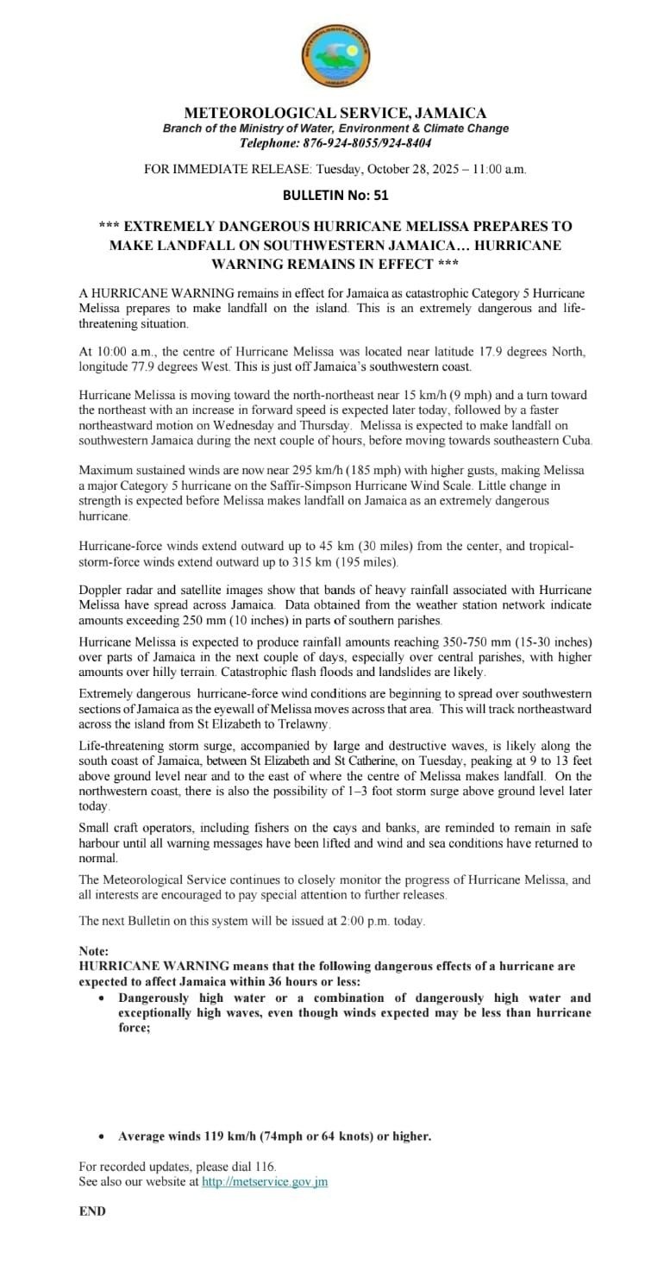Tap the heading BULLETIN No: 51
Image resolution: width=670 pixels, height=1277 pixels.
click(x=335, y=196)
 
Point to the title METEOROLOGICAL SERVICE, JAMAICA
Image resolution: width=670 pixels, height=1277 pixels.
click(x=335, y=113)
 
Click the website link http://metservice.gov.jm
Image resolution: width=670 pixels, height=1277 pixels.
click(x=264, y=1182)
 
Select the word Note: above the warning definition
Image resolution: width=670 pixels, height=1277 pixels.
click(x=94, y=951)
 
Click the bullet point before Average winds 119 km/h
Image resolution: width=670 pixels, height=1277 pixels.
click(x=103, y=1136)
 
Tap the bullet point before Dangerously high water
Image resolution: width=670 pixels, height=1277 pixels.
click(x=103, y=998)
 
